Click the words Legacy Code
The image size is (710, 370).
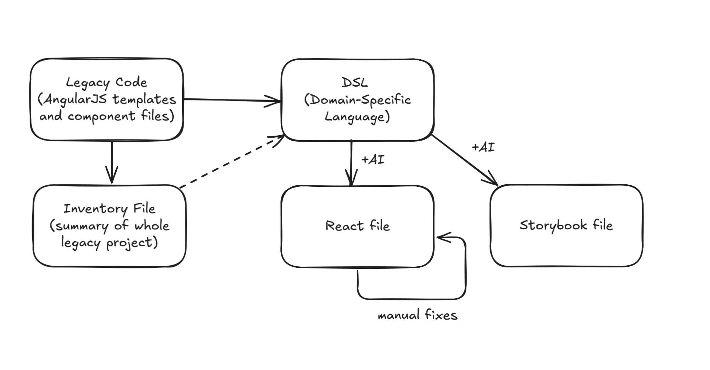pos(106,82)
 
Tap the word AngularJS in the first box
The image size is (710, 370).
pos(75,99)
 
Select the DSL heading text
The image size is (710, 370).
pos(354,83)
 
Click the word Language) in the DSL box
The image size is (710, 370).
pos(357,117)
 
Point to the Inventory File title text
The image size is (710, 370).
pos(109,208)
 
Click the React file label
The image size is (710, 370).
pos(357,226)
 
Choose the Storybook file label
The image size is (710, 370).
pos(566,225)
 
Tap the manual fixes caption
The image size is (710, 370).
pos(418,315)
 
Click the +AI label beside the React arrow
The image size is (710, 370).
pos(373,159)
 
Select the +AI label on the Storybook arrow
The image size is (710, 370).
pos(483,147)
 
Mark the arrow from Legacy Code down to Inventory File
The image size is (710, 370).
pos(112,162)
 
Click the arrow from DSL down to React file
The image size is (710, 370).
pos(351,162)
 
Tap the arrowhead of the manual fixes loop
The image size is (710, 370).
pos(441,237)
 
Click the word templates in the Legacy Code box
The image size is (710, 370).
pos(145,99)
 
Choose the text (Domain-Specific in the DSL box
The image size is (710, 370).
pos(357,100)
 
